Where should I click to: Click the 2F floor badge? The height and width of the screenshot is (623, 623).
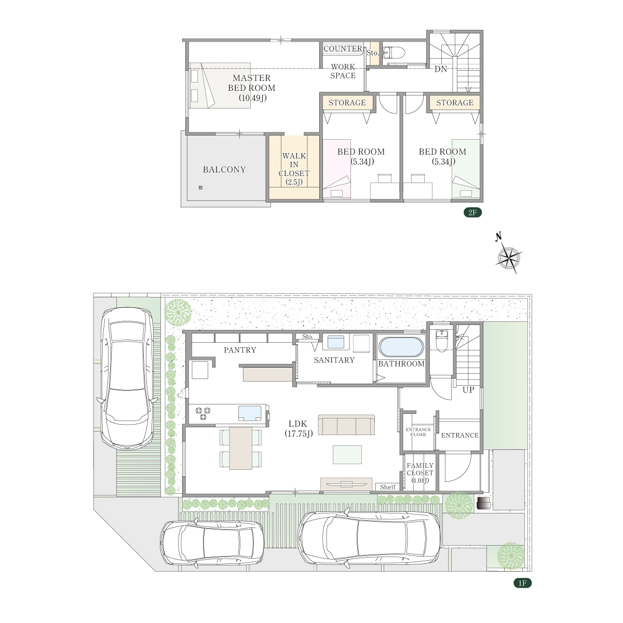click(x=472, y=212)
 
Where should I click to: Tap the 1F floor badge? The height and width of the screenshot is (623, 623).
click(x=522, y=583)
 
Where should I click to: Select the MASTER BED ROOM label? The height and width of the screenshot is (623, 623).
click(x=251, y=88)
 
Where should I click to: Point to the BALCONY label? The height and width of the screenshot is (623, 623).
click(x=224, y=169)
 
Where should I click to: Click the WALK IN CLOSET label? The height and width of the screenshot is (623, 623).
click(x=294, y=169)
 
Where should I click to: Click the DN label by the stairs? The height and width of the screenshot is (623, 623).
click(x=440, y=69)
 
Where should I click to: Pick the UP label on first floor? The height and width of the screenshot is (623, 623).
click(x=468, y=390)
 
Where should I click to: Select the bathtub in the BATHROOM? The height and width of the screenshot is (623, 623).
click(x=401, y=347)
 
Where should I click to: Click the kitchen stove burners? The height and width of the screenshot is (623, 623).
click(x=202, y=414)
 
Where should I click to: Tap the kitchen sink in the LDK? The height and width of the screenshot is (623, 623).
click(x=250, y=413)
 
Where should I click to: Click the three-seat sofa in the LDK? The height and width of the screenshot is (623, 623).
click(x=346, y=425)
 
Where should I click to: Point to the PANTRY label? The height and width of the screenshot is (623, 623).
click(x=240, y=350)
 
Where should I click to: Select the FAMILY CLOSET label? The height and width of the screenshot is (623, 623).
click(x=420, y=472)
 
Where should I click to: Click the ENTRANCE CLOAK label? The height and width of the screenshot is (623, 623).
click(x=418, y=432)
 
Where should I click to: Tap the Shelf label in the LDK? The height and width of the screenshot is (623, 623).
click(x=388, y=487)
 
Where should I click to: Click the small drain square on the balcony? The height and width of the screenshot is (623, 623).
click(x=201, y=187)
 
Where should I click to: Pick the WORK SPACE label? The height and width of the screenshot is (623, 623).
click(x=343, y=71)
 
